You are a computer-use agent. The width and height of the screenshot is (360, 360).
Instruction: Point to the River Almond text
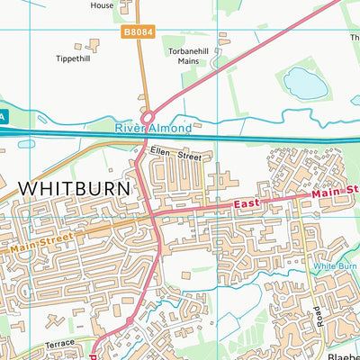153,129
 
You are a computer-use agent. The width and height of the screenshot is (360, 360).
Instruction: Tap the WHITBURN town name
75,188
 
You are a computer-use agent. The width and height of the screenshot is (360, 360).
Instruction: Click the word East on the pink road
251,205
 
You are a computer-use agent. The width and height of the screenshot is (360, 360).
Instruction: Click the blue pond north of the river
304,84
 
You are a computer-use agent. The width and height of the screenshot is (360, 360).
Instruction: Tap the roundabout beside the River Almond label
148,115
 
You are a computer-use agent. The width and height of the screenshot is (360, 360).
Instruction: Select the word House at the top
102,4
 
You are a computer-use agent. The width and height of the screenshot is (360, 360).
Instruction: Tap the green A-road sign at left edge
4,116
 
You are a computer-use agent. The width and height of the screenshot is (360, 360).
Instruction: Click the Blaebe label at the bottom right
342,354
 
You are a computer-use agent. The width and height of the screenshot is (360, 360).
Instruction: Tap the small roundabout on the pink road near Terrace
130,320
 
